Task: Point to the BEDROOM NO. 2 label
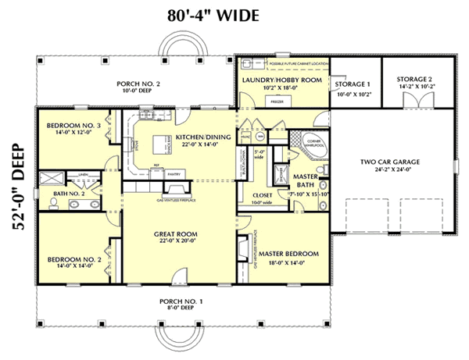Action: tap(70, 258)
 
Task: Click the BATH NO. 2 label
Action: tap(70, 192)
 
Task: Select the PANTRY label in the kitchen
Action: tap(174, 174)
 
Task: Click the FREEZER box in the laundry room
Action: tap(275, 101)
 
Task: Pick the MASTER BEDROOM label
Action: tap(290, 254)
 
